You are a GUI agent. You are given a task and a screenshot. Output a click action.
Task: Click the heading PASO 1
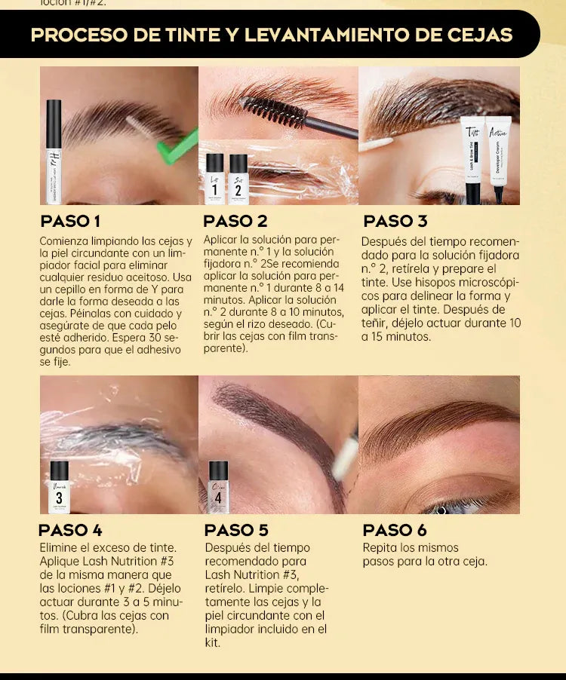click(x=70, y=221)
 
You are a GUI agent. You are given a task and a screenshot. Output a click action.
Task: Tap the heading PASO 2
click(x=235, y=221)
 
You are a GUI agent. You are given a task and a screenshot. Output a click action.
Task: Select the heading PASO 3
click(x=395, y=221)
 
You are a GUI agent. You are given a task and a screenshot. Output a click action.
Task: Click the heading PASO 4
click(x=70, y=530)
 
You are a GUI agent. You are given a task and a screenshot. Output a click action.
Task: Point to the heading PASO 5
click(x=236, y=530)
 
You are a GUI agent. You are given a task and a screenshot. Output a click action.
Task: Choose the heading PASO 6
click(x=395, y=530)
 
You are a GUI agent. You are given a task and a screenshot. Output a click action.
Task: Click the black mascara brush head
click(x=273, y=111)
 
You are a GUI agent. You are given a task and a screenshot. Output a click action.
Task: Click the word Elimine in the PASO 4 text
click(x=59, y=548)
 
